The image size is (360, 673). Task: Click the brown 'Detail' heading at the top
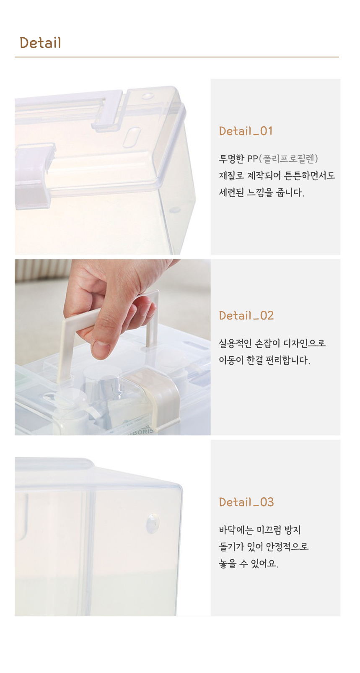coord(40,43)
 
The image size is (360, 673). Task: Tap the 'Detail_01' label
coord(246,131)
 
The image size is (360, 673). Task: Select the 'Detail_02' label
coord(246,316)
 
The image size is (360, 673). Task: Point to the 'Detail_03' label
coord(246,502)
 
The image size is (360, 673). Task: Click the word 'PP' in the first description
coord(253,159)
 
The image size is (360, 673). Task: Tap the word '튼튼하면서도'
coord(309,175)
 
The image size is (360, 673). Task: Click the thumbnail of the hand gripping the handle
coord(113,347)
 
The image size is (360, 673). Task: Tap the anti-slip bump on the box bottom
coord(153,523)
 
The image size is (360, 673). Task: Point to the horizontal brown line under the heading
coord(177,57)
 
